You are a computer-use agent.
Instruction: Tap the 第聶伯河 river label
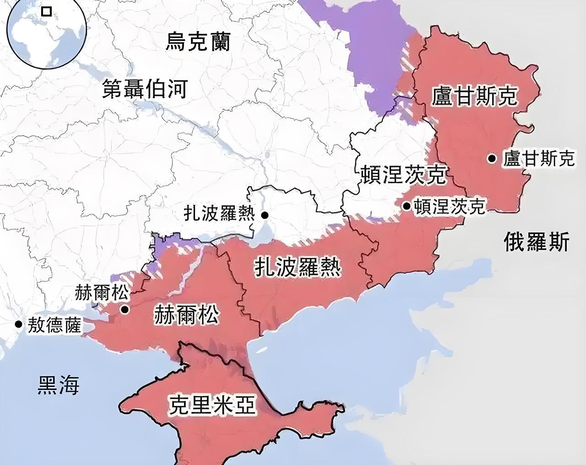point(144,88)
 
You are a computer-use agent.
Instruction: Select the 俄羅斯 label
point(537,241)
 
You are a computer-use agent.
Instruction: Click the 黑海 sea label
point(58,385)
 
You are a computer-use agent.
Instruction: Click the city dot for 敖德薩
point(18,324)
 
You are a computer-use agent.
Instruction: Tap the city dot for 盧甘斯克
point(492,159)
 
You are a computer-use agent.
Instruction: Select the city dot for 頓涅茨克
point(407,206)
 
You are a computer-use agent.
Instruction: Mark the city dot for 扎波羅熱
point(265,214)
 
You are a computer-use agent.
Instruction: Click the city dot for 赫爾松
point(125,309)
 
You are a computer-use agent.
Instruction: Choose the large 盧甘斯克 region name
point(474,96)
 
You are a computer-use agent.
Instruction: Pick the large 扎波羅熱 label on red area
point(298,266)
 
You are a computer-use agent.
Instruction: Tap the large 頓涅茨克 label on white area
point(403,175)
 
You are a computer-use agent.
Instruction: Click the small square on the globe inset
point(46,11)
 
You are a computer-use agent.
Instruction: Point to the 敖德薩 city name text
point(54,325)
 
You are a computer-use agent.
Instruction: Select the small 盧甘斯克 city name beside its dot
point(538,159)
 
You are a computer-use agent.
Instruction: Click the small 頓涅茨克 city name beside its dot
point(449,207)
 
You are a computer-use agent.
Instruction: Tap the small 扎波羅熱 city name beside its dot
point(219,213)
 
